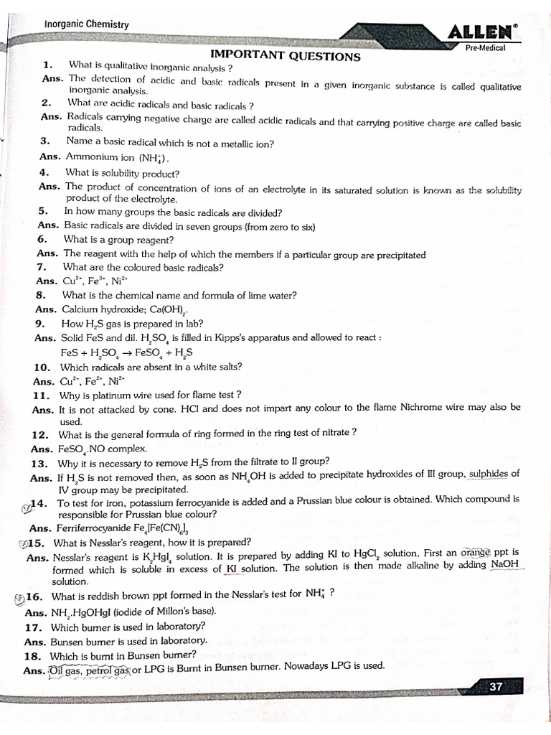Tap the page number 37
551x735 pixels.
(496, 687)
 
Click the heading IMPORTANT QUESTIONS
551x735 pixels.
(285, 56)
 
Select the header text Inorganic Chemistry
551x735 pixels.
(87, 24)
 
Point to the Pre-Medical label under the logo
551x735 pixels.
(486, 47)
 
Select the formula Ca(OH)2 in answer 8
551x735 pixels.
(169, 309)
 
